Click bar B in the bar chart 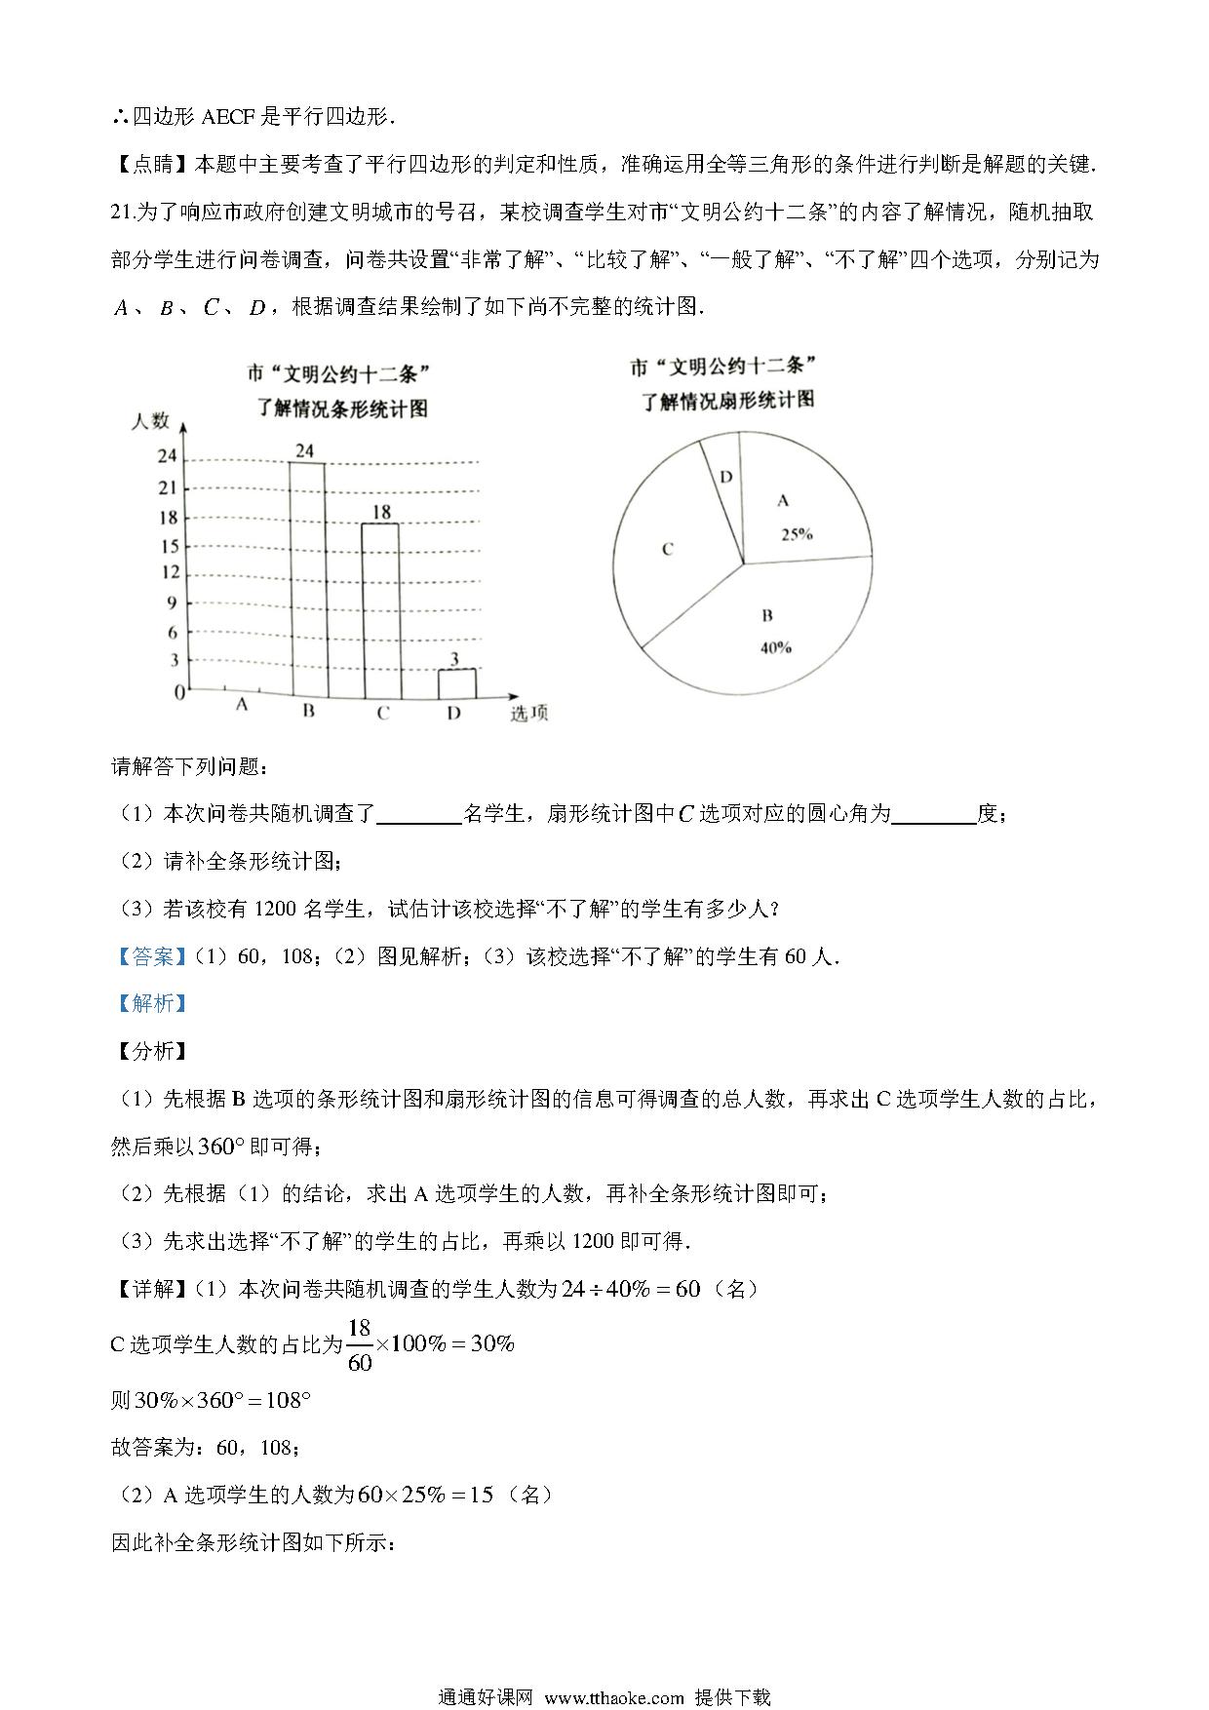tap(307, 579)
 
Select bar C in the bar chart tap(381, 611)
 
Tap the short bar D tap(456, 683)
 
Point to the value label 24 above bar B tap(305, 450)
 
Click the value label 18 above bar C tap(381, 512)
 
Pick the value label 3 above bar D tap(454, 660)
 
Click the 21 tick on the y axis tap(168, 487)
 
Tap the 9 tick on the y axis tap(172, 602)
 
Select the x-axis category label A tap(242, 704)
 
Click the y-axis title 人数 tap(150, 420)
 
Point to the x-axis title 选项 tap(528, 714)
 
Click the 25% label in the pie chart tap(797, 534)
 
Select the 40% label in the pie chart tap(775, 647)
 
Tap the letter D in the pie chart tap(725, 477)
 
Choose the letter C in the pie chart tap(667, 549)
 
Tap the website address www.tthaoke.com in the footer tap(613, 1697)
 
